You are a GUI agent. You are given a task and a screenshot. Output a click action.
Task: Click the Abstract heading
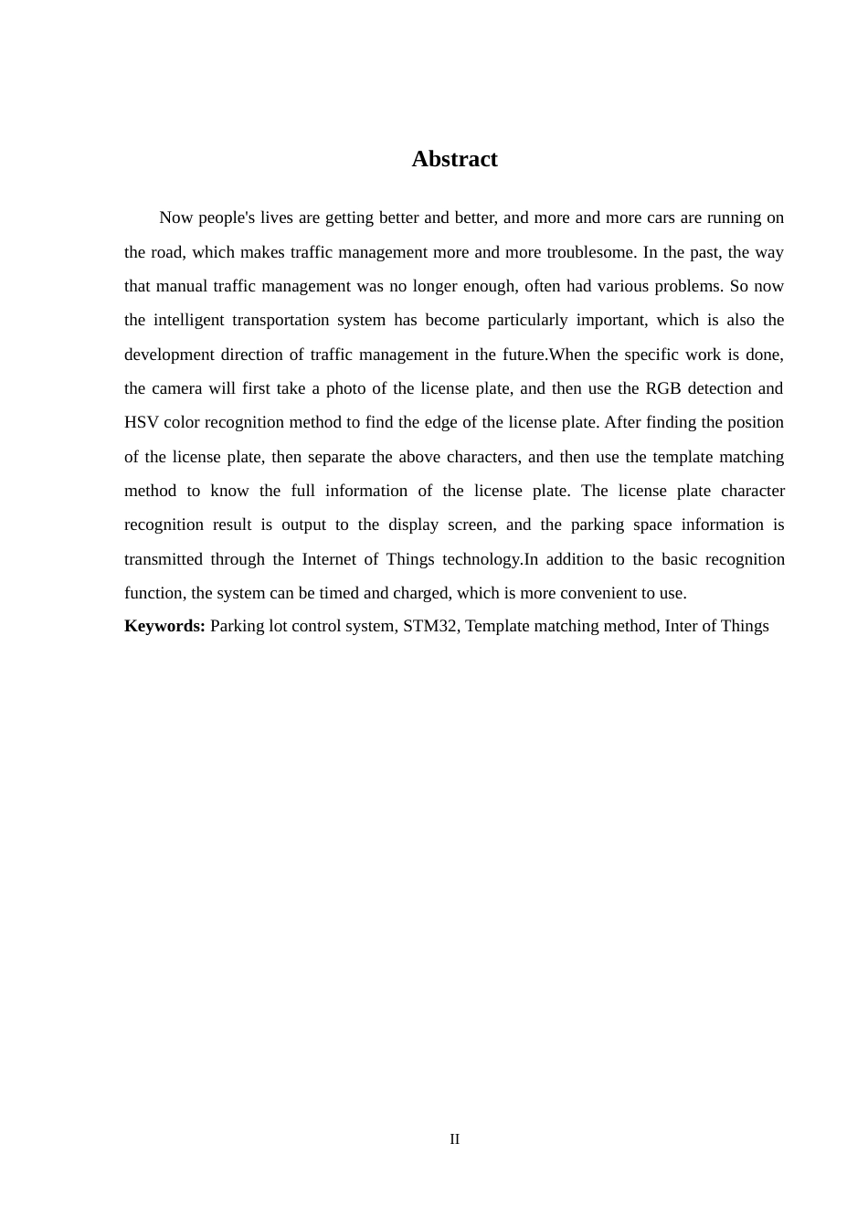click(x=454, y=159)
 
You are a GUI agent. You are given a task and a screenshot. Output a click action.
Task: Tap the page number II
click(x=454, y=1139)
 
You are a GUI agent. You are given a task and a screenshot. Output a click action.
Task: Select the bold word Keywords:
click(x=164, y=626)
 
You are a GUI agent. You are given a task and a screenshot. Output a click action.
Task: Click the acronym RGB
click(x=662, y=388)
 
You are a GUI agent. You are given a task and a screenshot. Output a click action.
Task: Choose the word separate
click(x=337, y=457)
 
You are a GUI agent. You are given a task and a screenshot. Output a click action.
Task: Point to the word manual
click(x=181, y=286)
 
